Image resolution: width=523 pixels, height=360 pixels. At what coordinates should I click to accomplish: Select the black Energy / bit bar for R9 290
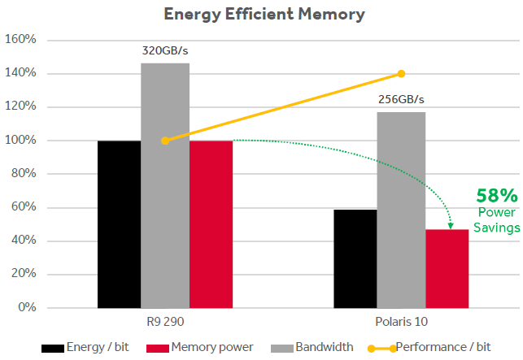pos(119,224)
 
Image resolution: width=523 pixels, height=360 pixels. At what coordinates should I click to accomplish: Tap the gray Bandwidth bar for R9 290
pos(165,185)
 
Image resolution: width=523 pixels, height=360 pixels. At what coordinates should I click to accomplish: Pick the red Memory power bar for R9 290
pos(211,224)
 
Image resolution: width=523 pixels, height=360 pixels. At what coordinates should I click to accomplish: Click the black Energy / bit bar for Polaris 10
pos(355,258)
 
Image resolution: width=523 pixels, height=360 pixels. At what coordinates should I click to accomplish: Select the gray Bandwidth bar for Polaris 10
pos(401,210)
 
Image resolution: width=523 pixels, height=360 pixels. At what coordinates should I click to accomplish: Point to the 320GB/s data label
pos(165,51)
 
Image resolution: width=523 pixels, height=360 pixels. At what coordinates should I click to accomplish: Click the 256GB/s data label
pos(401,100)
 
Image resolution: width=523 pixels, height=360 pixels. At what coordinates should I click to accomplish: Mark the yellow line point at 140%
pos(401,74)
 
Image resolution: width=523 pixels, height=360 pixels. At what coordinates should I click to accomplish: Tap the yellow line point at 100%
pos(165,141)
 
